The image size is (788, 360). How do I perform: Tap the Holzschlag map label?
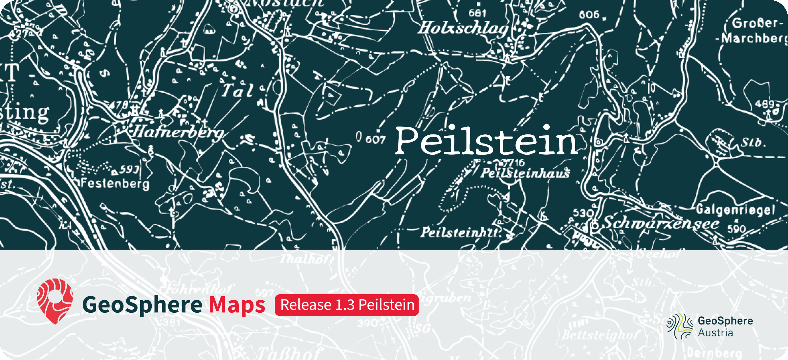coord(463,28)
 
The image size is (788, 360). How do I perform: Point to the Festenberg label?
coord(115,183)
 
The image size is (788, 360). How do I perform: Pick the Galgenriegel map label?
coord(735,210)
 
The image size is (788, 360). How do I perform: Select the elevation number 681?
coord(477,13)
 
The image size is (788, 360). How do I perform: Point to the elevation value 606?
coord(589,14)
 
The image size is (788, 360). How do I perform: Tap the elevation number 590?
coord(736,229)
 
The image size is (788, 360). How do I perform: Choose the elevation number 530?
coord(583,213)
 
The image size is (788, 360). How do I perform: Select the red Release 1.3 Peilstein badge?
coord(347,305)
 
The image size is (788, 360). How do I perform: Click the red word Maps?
coord(237,305)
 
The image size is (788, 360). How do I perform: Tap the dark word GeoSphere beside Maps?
coord(142,305)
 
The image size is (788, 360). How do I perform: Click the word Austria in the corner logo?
coord(715,333)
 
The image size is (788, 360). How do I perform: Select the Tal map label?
coord(237,91)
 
